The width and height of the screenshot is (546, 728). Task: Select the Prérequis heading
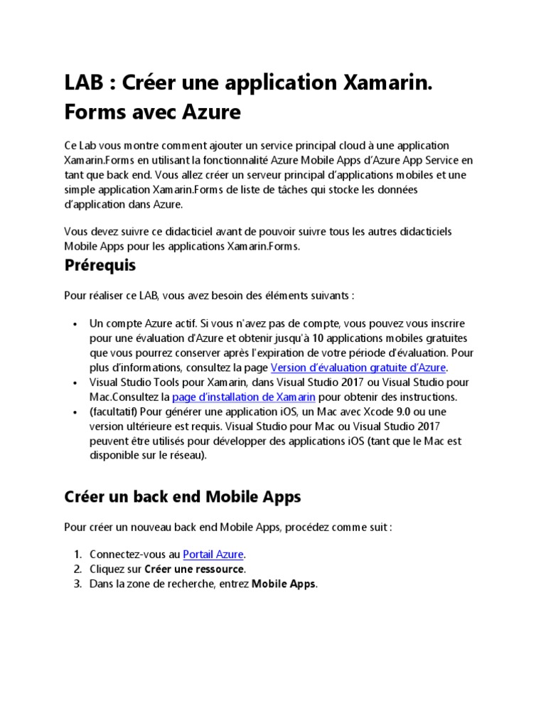tap(100, 265)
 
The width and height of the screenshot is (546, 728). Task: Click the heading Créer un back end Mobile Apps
tap(182, 497)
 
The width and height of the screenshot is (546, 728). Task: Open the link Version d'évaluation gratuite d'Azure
tap(358, 368)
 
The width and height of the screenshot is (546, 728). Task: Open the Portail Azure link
tap(213, 554)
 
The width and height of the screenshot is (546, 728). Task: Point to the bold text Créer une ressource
tap(195, 569)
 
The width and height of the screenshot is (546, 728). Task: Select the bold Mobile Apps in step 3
tap(284, 584)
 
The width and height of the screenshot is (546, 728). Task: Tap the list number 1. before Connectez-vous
tap(77, 554)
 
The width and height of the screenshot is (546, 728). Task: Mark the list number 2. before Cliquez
tap(77, 569)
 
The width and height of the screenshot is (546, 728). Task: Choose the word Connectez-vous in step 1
tap(125, 554)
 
